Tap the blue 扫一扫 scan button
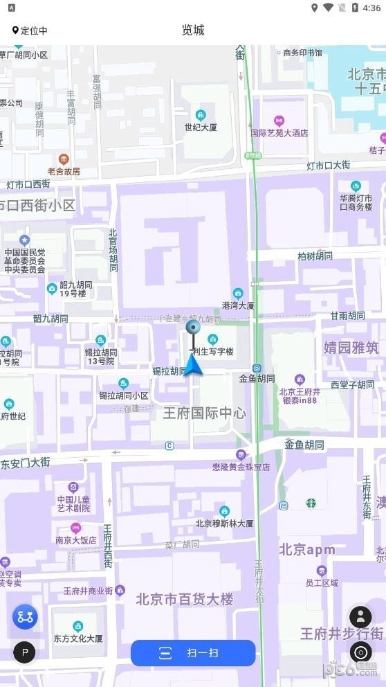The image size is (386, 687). click(x=193, y=652)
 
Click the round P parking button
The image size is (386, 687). click(x=25, y=652)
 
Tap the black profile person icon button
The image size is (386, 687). click(x=360, y=616)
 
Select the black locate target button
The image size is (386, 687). click(x=360, y=652)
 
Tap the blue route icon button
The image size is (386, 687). click(x=25, y=616)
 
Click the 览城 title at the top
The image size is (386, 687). click(x=193, y=30)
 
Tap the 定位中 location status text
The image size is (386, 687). click(x=30, y=30)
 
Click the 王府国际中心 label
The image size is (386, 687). click(x=204, y=413)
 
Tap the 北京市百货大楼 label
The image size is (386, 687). click(x=185, y=599)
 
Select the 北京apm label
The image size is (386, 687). click(x=307, y=550)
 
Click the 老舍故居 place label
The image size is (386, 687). click(x=64, y=170)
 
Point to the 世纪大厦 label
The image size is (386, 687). click(x=201, y=127)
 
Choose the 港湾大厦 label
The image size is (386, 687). click(x=237, y=305)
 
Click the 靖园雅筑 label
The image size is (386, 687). click(x=351, y=347)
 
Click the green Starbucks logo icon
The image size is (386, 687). click(x=311, y=503)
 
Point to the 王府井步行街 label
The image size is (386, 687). click(x=342, y=633)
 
